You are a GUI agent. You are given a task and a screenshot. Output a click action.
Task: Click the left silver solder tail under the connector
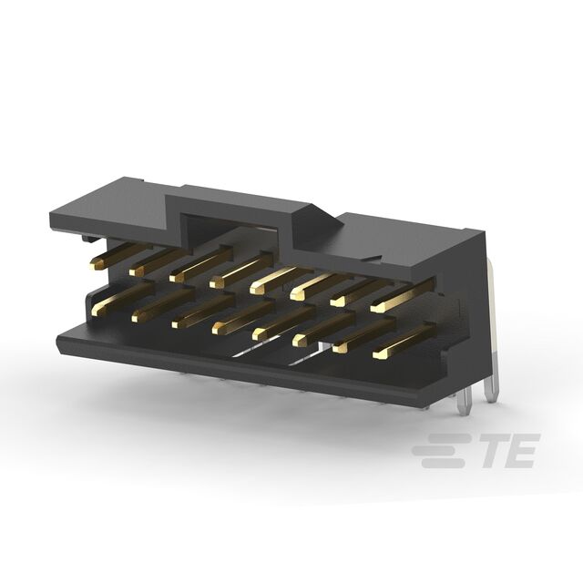[x=467, y=402]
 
